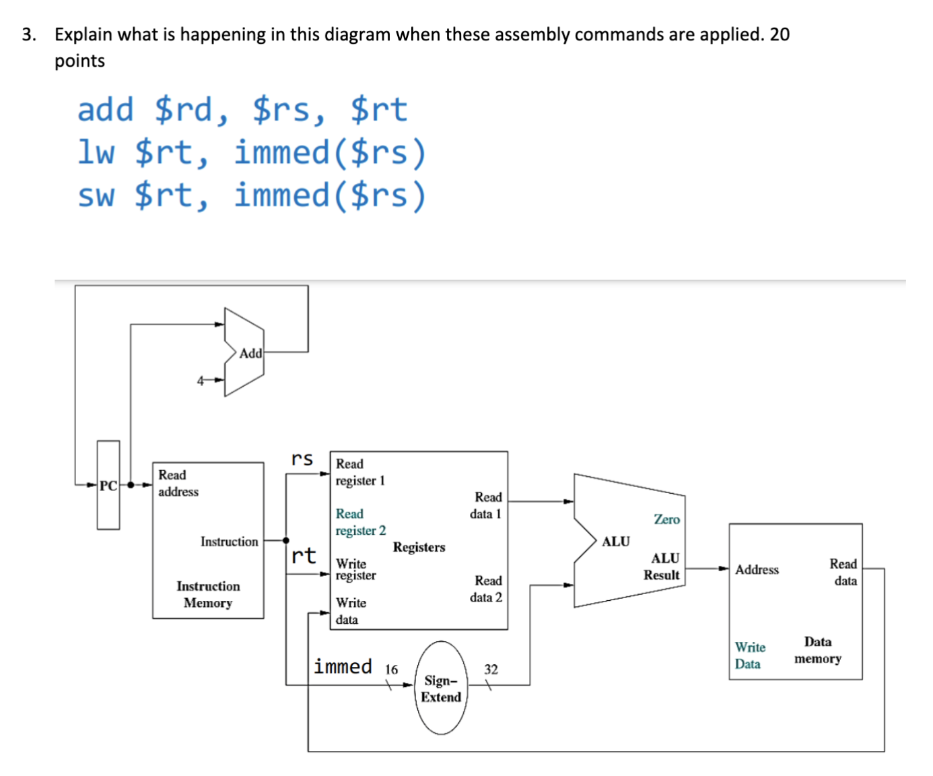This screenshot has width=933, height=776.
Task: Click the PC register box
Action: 108,485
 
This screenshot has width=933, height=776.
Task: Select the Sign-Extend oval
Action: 441,688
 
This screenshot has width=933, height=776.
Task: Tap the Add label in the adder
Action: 250,353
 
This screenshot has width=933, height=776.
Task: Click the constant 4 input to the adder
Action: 200,381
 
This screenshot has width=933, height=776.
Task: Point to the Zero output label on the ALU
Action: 666,519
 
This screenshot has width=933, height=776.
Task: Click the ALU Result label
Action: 662,567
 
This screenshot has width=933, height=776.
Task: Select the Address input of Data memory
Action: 757,569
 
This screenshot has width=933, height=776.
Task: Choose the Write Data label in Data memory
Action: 749,655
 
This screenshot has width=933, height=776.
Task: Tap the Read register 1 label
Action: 359,472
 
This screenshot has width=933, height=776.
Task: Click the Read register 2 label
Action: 360,522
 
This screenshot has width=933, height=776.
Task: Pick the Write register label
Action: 355,569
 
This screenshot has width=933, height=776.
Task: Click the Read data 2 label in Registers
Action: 487,589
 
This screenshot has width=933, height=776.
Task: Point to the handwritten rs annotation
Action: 302,459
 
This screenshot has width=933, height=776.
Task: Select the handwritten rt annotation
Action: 304,555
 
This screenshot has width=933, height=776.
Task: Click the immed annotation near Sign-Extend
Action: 343,666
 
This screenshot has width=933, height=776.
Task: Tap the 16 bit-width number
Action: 391,669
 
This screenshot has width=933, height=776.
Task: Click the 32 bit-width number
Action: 491,669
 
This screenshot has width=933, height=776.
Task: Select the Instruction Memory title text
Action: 208,594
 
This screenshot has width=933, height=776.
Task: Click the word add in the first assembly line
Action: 106,109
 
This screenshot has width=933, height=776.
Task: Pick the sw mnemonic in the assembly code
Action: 96,195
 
